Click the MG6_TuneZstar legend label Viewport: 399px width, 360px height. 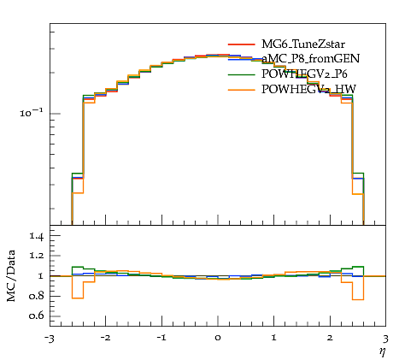click(x=303, y=44)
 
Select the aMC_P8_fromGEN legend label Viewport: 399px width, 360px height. click(x=310, y=58)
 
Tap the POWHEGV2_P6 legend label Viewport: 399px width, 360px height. click(x=304, y=74)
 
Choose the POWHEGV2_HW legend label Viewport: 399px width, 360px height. click(x=308, y=89)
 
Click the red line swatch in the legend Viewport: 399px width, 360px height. click(x=241, y=44)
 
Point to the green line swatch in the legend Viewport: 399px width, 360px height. click(x=241, y=74)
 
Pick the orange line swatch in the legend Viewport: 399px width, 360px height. click(x=241, y=90)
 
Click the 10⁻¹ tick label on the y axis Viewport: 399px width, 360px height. click(x=32, y=113)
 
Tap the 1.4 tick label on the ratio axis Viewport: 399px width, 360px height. click(x=36, y=236)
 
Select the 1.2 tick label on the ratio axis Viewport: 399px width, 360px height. click(x=36, y=256)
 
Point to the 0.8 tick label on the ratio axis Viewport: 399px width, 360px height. click(x=36, y=296)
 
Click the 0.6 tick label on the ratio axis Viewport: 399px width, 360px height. click(x=36, y=316)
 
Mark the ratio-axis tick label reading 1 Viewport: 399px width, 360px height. click(x=41, y=276)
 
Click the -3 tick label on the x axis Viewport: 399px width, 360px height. click(x=50, y=339)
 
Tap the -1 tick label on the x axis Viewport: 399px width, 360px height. click(x=161, y=339)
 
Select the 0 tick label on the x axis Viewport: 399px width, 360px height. click(x=218, y=339)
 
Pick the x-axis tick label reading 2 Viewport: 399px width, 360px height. click(x=330, y=339)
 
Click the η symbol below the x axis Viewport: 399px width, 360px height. click(x=383, y=352)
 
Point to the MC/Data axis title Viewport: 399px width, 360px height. click(x=11, y=276)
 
